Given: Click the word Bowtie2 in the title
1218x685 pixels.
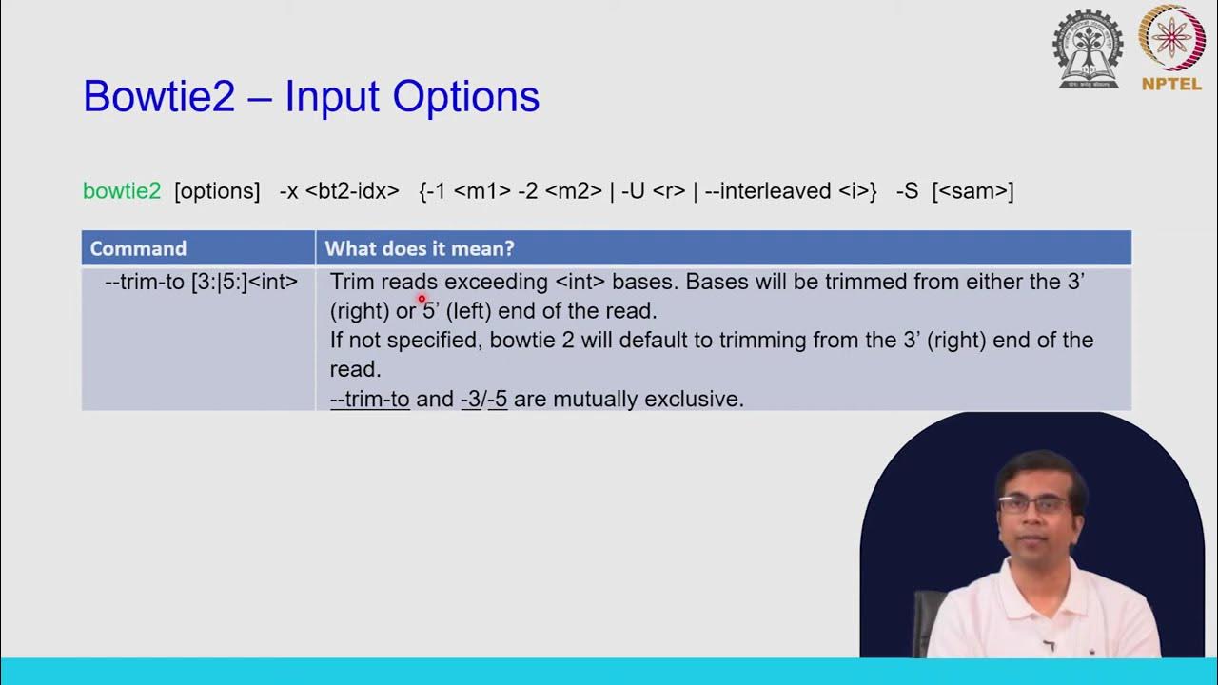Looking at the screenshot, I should point(159,97).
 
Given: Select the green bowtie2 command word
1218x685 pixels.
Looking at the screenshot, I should point(122,191).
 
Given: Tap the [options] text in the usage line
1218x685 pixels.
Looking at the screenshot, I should point(217,191).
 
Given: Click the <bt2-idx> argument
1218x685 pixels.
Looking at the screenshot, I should point(352,191).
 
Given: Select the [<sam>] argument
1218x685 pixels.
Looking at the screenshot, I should point(972,191).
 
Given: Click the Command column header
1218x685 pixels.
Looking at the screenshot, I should point(138,248).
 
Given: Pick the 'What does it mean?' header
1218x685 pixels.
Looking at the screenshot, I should point(420,248).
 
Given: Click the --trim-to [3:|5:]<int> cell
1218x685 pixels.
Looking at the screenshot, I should point(201,283).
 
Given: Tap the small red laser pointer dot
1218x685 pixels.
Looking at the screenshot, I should point(422,299).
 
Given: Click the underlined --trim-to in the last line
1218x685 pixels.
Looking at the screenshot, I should point(369,400).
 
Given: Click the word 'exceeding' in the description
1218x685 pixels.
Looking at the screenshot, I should point(496,283).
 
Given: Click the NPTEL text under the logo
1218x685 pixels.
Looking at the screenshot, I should point(1171,84).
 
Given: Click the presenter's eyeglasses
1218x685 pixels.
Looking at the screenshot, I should point(1033,504).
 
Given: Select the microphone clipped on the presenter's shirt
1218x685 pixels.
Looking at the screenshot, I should point(1048,645).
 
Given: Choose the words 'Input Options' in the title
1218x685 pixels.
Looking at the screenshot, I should point(412,97).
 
